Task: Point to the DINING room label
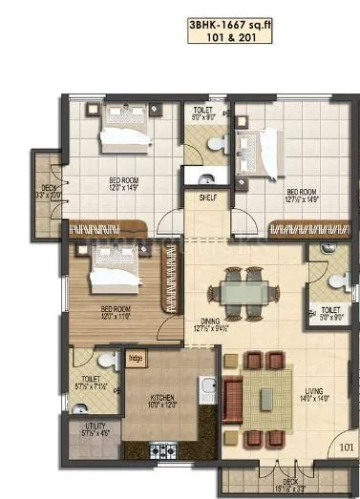click(201, 322)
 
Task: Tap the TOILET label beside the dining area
click(328, 310)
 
